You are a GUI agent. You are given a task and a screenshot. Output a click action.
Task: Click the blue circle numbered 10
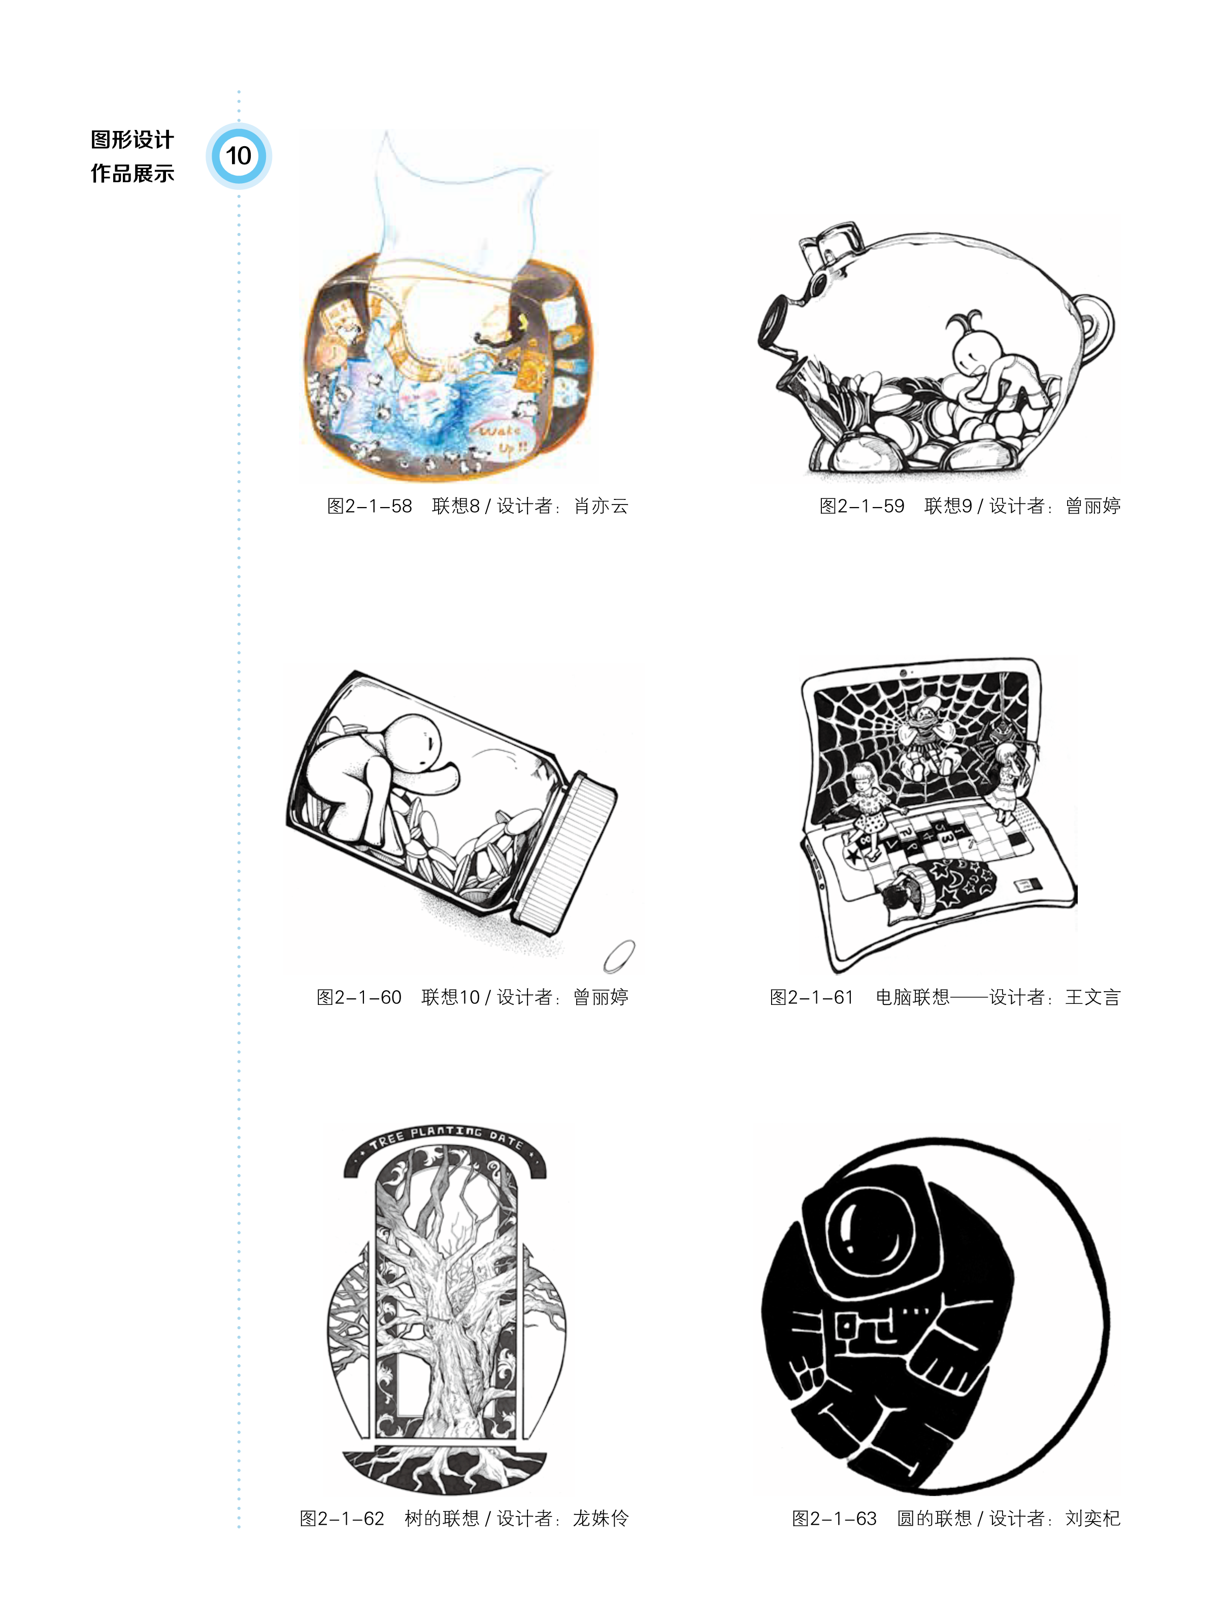(x=239, y=156)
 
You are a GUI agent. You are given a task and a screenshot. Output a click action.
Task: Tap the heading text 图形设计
(x=132, y=140)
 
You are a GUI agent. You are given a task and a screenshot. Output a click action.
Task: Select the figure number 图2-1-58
(x=370, y=506)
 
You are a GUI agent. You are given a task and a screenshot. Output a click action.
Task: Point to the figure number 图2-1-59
(x=862, y=506)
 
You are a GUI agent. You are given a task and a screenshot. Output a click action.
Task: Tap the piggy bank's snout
(x=776, y=321)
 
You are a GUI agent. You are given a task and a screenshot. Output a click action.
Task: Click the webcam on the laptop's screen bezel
(x=904, y=672)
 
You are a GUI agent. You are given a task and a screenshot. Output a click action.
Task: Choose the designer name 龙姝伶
(x=601, y=1519)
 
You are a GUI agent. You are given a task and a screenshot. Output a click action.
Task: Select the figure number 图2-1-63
(x=834, y=1519)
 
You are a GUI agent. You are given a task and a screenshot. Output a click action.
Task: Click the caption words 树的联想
(x=442, y=1519)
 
